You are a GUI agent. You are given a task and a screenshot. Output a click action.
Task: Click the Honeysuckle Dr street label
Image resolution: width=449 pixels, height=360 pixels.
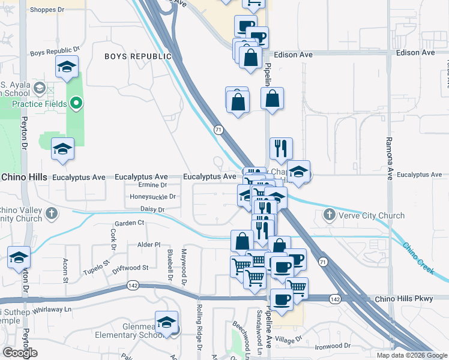pyautogui.click(x=153, y=196)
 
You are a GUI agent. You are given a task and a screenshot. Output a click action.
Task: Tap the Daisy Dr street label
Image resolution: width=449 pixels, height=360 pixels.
pyautogui.click(x=152, y=209)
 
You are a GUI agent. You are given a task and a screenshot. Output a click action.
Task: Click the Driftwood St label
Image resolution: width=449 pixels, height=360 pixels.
pyautogui.click(x=130, y=268)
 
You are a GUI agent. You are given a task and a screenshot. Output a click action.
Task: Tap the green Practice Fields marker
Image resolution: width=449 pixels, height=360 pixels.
pyautogui.click(x=76, y=104)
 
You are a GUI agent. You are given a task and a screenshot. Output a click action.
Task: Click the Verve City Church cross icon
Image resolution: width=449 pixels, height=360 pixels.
pyautogui.click(x=329, y=215)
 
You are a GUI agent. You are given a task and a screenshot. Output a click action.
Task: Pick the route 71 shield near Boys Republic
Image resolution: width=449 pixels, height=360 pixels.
pyautogui.click(x=218, y=129)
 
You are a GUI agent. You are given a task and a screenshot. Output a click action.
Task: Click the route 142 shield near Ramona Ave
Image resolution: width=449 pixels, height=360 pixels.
pyautogui.click(x=335, y=299)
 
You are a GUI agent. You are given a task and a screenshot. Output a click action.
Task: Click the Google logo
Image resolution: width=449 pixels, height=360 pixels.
pyautogui.click(x=20, y=353)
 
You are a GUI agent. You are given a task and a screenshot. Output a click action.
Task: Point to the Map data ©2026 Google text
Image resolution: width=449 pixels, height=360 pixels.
pyautogui.click(x=412, y=355)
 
